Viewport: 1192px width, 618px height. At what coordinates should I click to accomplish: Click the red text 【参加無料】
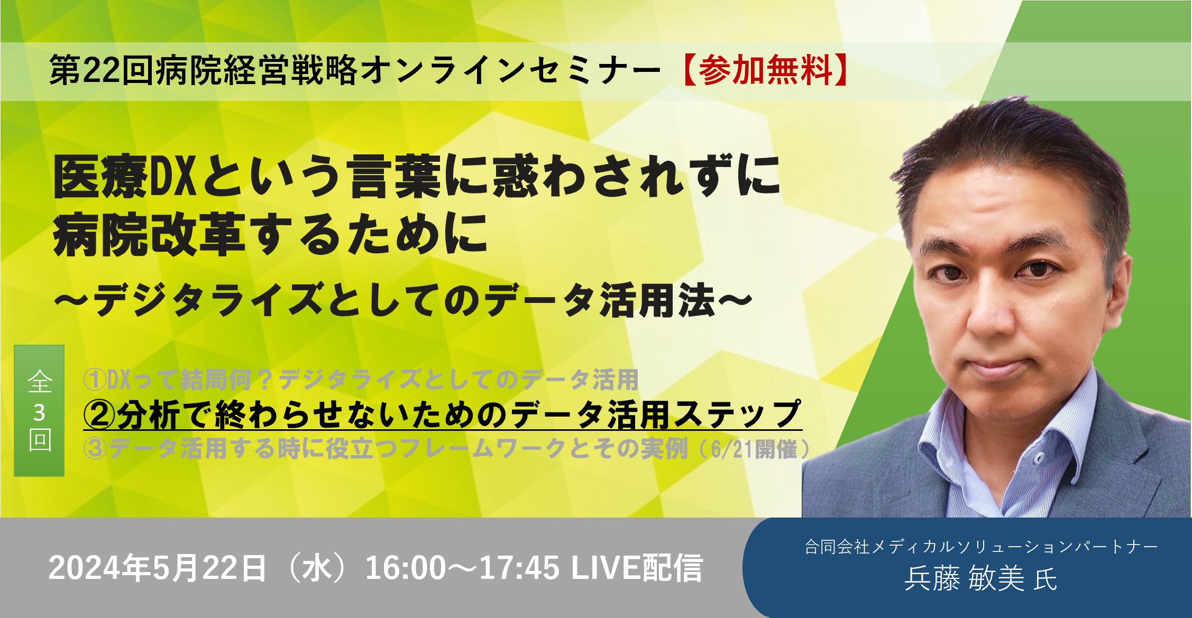(x=763, y=70)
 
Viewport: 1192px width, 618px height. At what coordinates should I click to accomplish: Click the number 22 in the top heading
(x=101, y=70)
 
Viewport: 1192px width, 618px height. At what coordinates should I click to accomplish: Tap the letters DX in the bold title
(x=173, y=177)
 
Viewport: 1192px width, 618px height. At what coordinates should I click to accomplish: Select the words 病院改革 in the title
(x=149, y=234)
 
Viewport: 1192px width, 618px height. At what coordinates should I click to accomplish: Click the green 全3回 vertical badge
(x=39, y=410)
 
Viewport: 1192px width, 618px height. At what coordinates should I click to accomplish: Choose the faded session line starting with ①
(x=361, y=379)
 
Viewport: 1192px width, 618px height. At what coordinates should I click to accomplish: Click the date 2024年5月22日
(x=157, y=568)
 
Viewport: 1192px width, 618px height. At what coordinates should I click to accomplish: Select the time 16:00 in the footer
(x=406, y=568)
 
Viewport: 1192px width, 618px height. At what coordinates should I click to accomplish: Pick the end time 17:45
(x=519, y=568)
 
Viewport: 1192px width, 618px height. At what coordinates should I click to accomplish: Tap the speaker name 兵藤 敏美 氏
(x=981, y=579)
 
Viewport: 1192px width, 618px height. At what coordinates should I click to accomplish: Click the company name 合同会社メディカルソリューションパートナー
(x=982, y=546)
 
